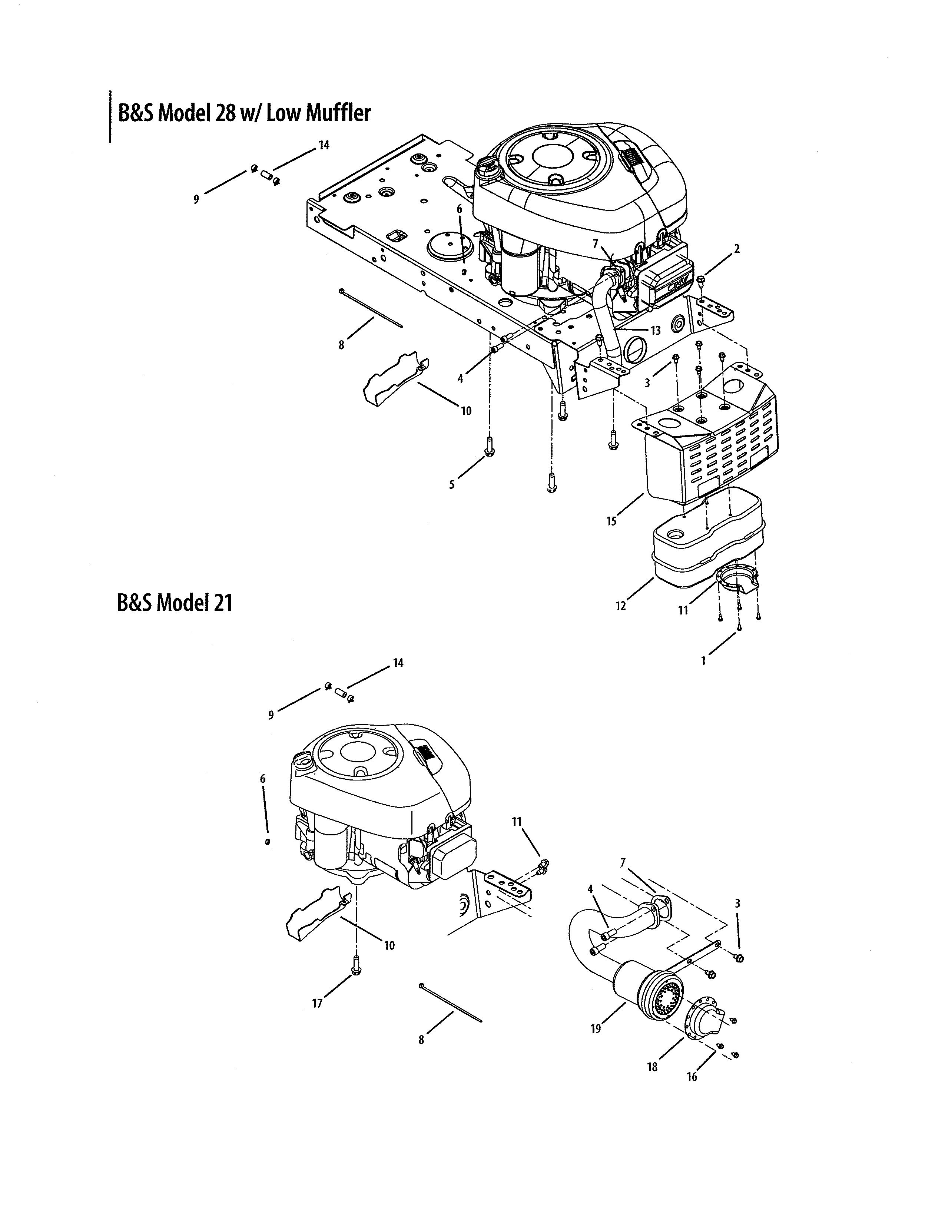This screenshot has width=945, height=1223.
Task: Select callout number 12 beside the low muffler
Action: (x=621, y=606)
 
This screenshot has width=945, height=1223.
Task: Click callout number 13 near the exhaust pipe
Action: (x=656, y=330)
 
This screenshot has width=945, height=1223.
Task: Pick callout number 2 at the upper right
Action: (x=737, y=249)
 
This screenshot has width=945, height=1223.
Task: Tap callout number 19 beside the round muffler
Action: (x=595, y=1028)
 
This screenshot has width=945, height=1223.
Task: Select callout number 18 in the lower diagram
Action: (x=652, y=1067)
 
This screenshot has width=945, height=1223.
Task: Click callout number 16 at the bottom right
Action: (x=692, y=1076)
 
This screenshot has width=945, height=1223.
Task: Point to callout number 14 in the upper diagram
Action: (x=324, y=145)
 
